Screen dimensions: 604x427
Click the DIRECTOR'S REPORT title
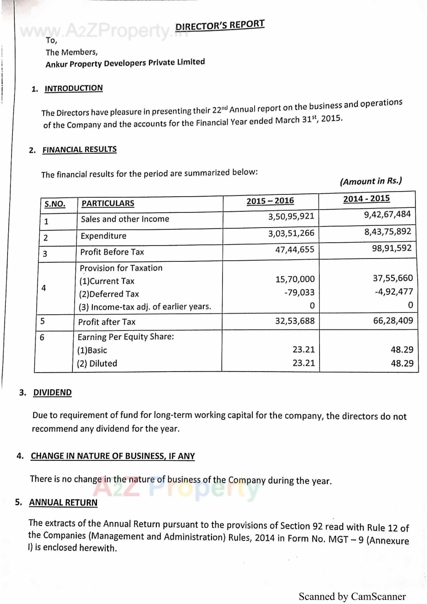coord(220,25)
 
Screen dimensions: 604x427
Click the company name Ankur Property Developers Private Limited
coord(125,63)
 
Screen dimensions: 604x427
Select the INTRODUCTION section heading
coord(74,88)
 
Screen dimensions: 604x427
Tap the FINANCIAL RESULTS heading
coord(79,149)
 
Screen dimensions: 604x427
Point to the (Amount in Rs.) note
coord(371,181)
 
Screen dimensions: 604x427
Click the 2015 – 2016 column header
coord(270,201)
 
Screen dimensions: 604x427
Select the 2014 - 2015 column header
coord(366,199)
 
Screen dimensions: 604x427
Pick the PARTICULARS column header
coord(108,203)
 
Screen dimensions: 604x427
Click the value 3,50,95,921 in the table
coord(291,216)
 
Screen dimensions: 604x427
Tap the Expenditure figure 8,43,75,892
coord(388,232)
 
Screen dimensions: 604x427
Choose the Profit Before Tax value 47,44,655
coord(295,249)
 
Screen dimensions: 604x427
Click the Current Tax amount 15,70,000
coord(295,279)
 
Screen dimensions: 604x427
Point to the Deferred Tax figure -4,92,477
coord(394,292)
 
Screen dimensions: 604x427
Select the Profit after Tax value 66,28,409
coord(393,320)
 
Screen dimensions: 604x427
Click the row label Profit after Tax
coord(107,322)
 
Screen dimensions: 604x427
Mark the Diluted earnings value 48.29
coord(402,363)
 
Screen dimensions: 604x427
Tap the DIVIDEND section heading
coord(52,392)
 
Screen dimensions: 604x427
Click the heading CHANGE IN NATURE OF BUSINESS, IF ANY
coord(113,456)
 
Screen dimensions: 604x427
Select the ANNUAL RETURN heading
coord(63,502)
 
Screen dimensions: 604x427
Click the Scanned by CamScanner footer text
coord(352,597)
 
